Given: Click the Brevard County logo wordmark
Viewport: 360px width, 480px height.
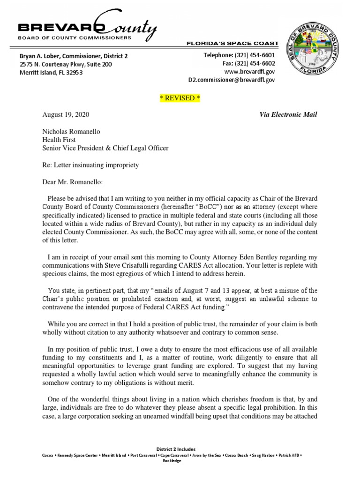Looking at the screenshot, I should pos(87,30).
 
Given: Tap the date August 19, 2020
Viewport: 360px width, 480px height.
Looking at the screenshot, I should pos(66,115).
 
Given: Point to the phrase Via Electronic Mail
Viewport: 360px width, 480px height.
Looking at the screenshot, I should pos(288,115).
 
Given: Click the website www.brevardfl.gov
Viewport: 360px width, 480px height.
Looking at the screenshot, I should pos(249,72).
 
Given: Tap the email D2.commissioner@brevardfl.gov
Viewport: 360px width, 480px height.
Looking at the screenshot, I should pos(232,80).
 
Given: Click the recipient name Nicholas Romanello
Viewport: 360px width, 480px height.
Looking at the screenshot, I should pos(72,132).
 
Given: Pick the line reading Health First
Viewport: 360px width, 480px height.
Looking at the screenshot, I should pos(60,140).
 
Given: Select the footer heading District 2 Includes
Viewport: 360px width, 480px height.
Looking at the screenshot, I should pos(180,450).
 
